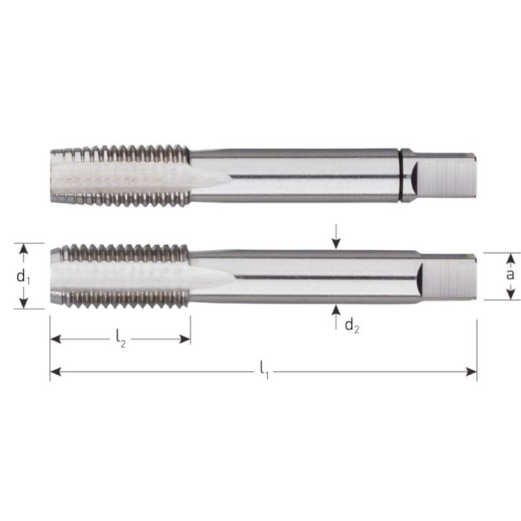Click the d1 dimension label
click(24, 276)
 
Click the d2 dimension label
click(352, 325)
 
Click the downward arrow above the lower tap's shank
click(336, 241)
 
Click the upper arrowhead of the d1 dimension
click(24, 249)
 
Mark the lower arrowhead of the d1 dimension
click(24, 303)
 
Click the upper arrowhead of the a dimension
click(510, 258)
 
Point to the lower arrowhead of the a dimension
click(510, 295)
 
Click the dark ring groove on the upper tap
click(406, 176)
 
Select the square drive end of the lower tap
click(447, 277)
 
